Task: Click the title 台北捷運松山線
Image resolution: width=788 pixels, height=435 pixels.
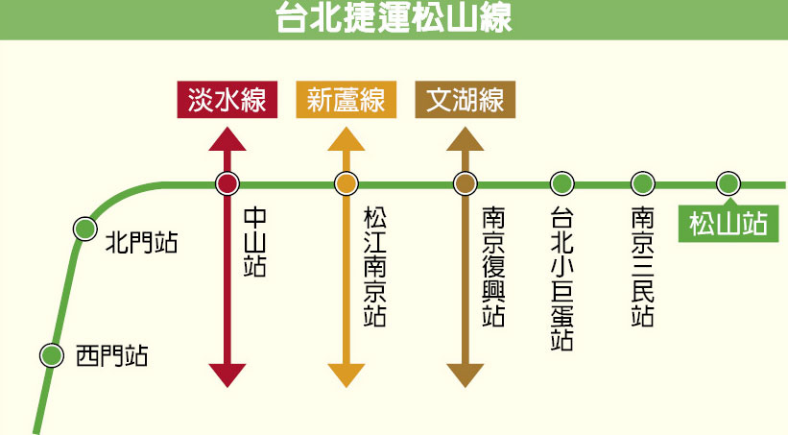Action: click(394, 18)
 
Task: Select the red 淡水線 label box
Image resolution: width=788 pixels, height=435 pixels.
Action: click(227, 100)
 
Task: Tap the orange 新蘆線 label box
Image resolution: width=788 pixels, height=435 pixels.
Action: click(346, 100)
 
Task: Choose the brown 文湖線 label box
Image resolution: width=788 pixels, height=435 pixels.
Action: click(466, 100)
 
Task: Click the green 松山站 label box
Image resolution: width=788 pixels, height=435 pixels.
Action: click(728, 224)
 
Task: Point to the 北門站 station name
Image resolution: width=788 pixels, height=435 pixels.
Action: click(141, 240)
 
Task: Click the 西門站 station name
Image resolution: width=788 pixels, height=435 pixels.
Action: click(111, 357)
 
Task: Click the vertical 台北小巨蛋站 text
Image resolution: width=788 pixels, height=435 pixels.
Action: click(562, 278)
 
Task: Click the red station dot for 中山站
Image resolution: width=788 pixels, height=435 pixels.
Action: click(227, 182)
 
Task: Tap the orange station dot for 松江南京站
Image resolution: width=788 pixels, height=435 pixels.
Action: click(346, 182)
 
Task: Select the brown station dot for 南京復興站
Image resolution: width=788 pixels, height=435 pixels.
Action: click(466, 182)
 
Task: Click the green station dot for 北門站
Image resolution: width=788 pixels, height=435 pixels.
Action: click(84, 229)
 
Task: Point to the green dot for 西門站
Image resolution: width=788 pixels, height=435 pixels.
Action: click(50, 354)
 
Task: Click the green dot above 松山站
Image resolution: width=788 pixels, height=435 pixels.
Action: click(728, 182)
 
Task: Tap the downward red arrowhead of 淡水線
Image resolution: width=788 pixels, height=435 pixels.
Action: click(227, 375)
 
